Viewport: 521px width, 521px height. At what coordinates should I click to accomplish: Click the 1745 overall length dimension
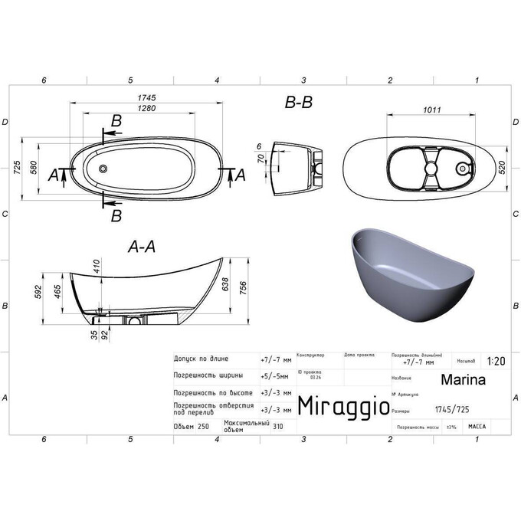point(147,98)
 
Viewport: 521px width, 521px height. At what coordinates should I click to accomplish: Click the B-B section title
point(297,101)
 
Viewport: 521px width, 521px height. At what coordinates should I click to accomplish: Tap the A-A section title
point(142,247)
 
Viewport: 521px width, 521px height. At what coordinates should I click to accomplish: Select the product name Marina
point(462,378)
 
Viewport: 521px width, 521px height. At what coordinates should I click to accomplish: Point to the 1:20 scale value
point(496,361)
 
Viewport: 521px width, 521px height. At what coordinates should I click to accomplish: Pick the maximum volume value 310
point(277,427)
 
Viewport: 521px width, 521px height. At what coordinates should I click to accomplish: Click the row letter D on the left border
point(5,123)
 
